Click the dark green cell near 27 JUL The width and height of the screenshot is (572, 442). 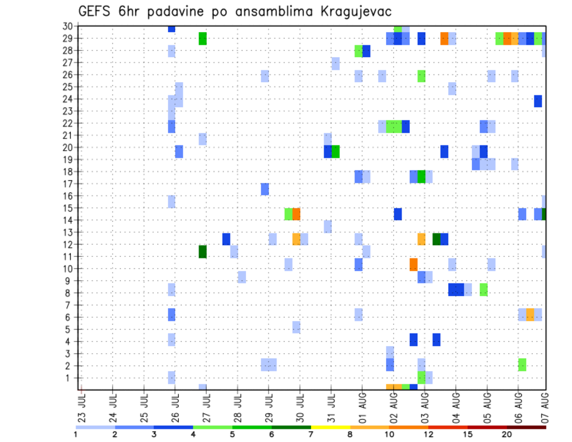click(203, 251)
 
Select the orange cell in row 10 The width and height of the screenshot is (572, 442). click(414, 264)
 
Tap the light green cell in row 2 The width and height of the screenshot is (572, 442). click(522, 365)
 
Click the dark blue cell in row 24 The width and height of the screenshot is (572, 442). click(538, 101)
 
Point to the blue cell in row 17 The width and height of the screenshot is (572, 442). click(265, 189)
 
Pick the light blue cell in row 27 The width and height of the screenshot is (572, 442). click(335, 63)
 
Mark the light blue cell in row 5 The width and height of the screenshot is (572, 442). click(296, 327)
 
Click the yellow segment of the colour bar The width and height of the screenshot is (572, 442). click(330, 427)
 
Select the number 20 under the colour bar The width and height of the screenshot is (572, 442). click(506, 435)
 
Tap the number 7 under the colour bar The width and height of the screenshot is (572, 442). click(311, 435)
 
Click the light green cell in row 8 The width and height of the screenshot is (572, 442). click(483, 290)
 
